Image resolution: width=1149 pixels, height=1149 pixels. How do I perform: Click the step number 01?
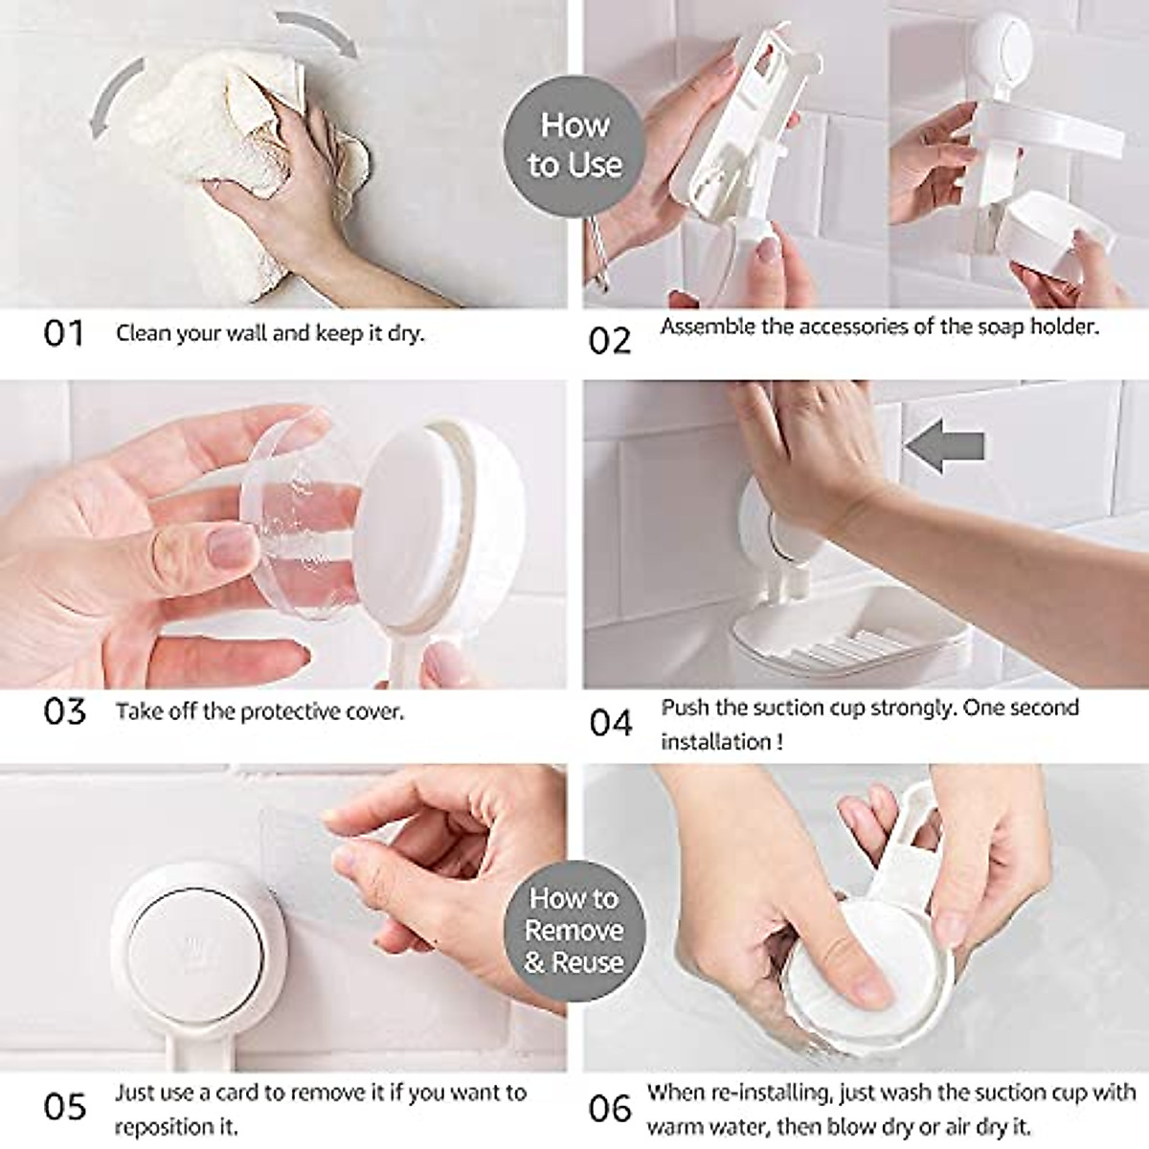pyautogui.click(x=64, y=334)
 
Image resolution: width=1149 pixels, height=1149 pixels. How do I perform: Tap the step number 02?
pyautogui.click(x=610, y=340)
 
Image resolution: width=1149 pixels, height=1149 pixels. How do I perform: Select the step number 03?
pyautogui.click(x=64, y=712)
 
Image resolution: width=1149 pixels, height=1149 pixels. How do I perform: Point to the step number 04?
pyautogui.click(x=611, y=723)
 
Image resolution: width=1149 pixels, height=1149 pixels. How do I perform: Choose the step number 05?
pyautogui.click(x=64, y=1107)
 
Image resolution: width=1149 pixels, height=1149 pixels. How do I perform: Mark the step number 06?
pyautogui.click(x=610, y=1109)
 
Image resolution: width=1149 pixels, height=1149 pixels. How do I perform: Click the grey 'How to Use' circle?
pyautogui.click(x=574, y=145)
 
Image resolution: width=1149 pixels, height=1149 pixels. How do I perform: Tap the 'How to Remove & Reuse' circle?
pyautogui.click(x=574, y=930)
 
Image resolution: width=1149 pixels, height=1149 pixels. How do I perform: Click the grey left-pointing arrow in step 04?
pyautogui.click(x=945, y=445)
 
